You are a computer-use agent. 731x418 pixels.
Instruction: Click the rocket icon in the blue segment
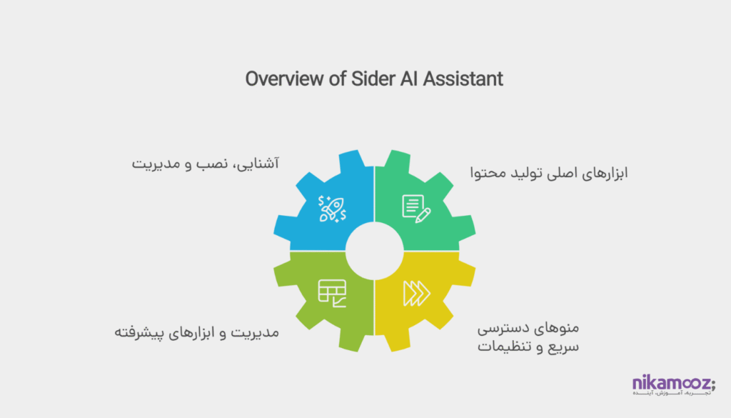332,208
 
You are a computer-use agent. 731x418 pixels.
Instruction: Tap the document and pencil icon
417,206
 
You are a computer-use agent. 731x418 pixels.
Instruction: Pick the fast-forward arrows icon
417,292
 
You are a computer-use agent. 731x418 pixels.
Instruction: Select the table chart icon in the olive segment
332,292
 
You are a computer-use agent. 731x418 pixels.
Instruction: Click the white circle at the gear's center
374,250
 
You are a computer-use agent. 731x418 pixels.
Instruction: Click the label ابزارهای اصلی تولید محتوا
548,173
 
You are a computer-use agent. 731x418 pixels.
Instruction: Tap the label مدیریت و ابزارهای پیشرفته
197,332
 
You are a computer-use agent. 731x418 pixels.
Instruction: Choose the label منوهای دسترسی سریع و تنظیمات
527,339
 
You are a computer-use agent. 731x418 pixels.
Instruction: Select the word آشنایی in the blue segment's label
257,164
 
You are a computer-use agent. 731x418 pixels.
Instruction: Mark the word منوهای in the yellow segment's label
558,330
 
